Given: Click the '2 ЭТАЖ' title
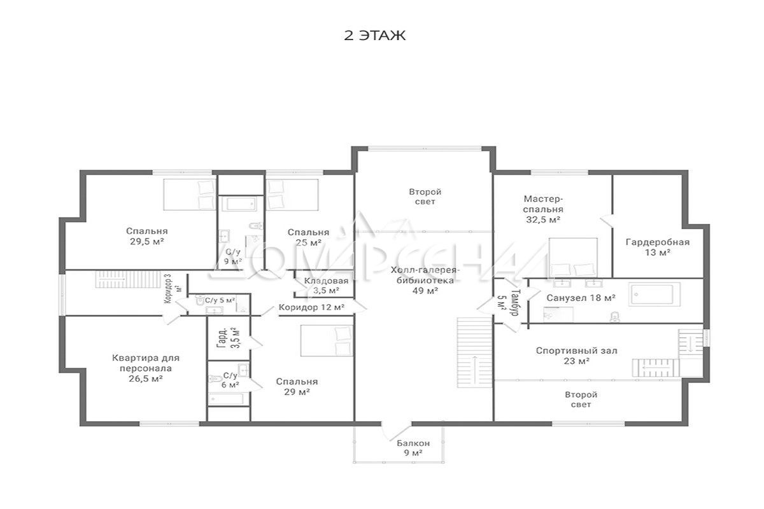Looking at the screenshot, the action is click(x=374, y=36).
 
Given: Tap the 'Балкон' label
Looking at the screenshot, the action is click(x=413, y=443).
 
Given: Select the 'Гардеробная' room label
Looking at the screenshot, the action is click(x=658, y=242).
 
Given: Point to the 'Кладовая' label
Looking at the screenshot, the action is click(x=326, y=281).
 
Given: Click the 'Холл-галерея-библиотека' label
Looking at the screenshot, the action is click(x=425, y=275).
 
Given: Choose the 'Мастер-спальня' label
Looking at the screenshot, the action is click(x=543, y=204).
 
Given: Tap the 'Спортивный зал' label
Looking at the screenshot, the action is click(x=576, y=351).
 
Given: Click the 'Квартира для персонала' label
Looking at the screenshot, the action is click(x=146, y=363).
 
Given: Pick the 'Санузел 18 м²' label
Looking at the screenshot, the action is click(x=581, y=298).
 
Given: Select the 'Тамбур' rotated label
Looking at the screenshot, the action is click(x=516, y=302).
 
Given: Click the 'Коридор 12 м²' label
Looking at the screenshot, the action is click(x=311, y=307).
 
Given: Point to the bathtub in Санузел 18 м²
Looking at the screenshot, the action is click(x=654, y=294).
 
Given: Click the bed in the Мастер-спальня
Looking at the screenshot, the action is click(x=573, y=258).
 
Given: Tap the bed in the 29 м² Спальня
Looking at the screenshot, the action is click(x=326, y=340).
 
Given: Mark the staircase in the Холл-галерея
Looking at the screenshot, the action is click(x=474, y=352).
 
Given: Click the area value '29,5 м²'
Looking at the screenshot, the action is click(x=146, y=242).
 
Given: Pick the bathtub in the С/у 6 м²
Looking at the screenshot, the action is click(x=226, y=398).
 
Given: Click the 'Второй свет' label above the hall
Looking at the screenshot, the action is click(x=425, y=197).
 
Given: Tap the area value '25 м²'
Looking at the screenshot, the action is click(x=309, y=243).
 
